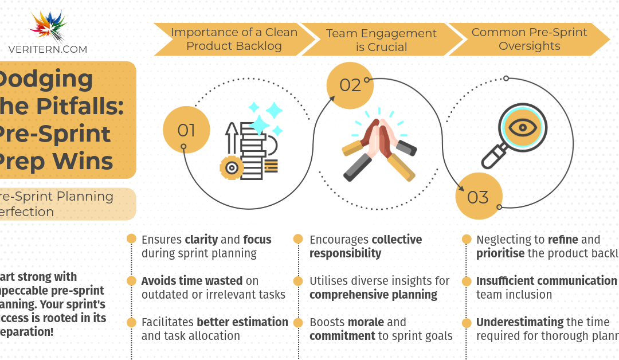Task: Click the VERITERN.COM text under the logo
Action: click(48, 49)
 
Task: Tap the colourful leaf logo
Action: click(48, 25)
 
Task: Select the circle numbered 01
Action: click(186, 130)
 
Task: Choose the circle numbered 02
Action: click(350, 85)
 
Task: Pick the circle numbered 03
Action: click(478, 197)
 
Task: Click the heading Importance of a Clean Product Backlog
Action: click(234, 40)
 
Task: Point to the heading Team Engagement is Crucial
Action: click(382, 40)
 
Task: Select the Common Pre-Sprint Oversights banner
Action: click(529, 40)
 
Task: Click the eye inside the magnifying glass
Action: click(522, 127)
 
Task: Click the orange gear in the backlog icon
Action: click(231, 167)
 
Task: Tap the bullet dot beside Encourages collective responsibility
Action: click(298, 239)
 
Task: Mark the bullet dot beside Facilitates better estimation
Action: click(131, 322)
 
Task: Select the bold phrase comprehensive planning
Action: click(373, 295)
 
